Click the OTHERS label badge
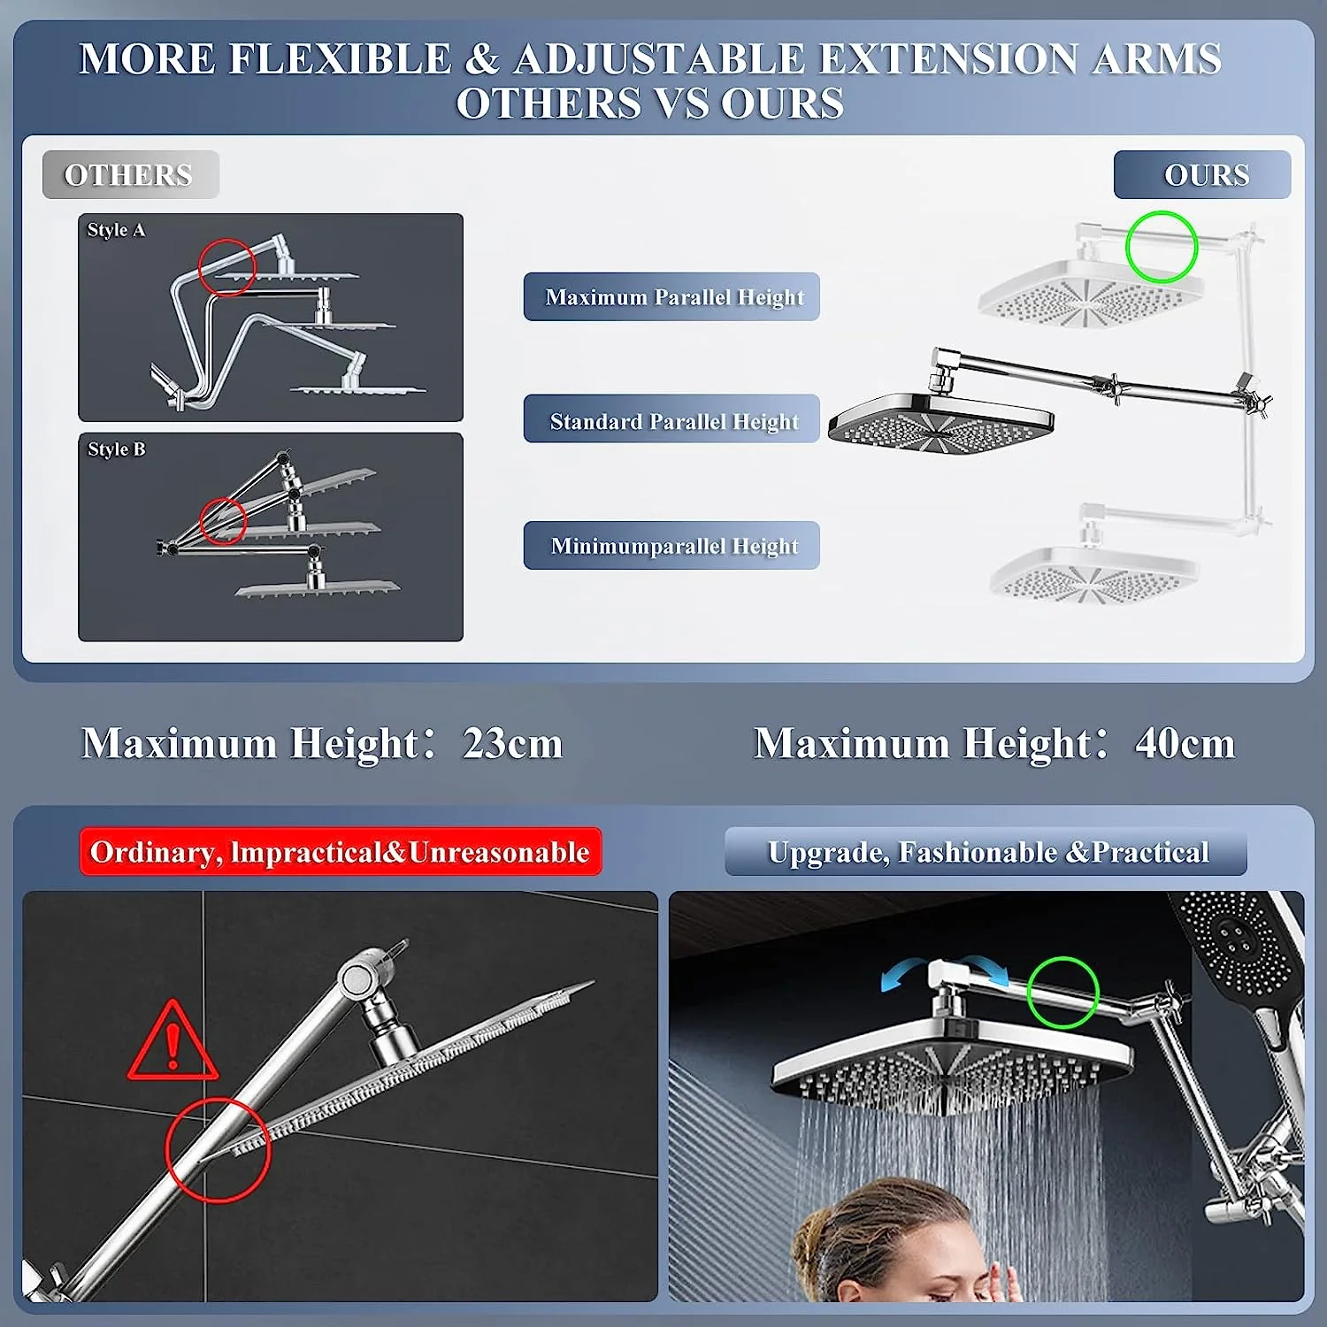(x=130, y=175)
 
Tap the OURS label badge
(x=1202, y=175)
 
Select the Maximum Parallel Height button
(x=671, y=296)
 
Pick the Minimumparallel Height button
(x=671, y=545)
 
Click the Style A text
(x=116, y=230)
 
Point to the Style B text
(x=116, y=449)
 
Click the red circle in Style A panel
(x=226, y=266)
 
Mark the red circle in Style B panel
(x=222, y=520)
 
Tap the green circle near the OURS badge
(x=1161, y=247)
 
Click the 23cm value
(x=512, y=743)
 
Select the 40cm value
(x=1185, y=743)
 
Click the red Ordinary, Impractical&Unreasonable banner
(x=341, y=852)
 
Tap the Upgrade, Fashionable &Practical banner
(x=986, y=852)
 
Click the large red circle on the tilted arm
(x=218, y=1149)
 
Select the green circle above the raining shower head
(x=1062, y=992)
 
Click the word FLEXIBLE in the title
(x=341, y=59)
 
